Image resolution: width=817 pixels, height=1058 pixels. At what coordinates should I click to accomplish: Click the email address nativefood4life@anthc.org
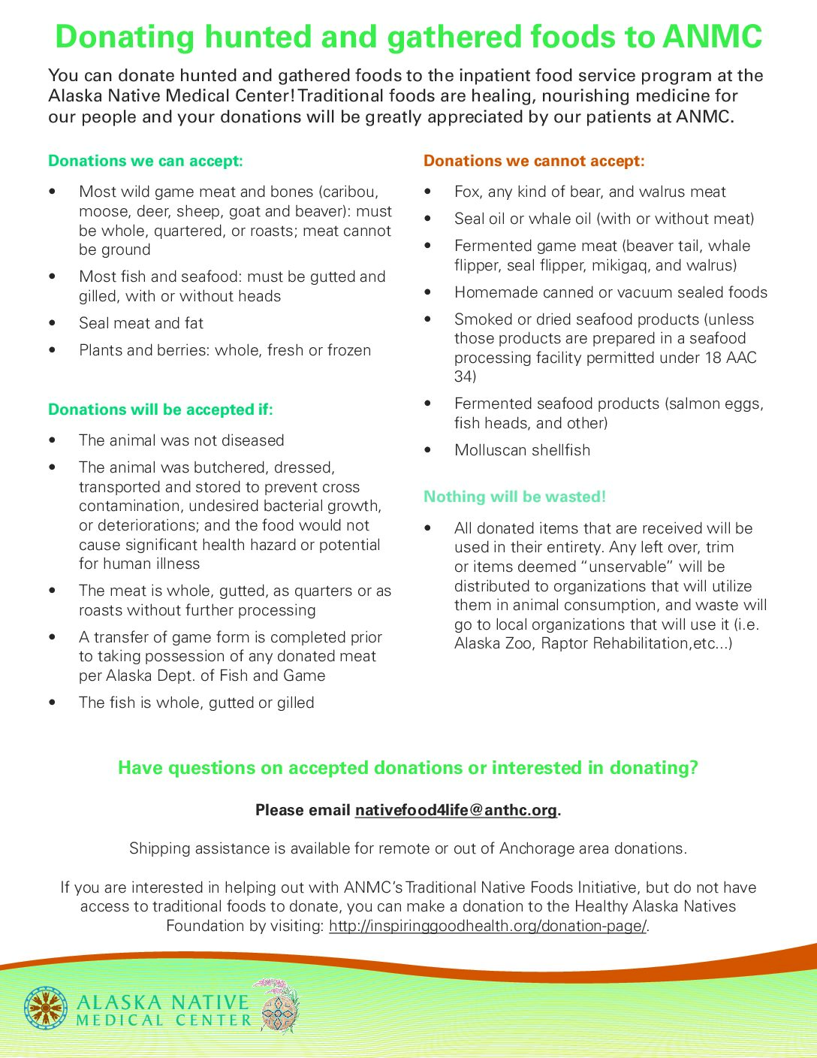coord(456,810)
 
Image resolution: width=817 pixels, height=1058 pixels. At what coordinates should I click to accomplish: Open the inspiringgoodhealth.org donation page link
coord(488,926)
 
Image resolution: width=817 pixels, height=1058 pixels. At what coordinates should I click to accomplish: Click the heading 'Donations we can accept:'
coord(146,161)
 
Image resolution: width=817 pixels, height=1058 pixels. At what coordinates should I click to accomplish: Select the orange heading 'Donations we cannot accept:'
coord(534,161)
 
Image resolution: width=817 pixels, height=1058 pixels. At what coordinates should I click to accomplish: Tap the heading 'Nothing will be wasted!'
coord(514,497)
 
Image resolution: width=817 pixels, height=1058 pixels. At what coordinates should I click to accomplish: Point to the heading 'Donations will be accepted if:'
coord(161,410)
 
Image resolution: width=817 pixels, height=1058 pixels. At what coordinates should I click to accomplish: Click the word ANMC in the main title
coord(712,37)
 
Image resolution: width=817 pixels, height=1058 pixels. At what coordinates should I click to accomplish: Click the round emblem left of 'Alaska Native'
coord(46,1008)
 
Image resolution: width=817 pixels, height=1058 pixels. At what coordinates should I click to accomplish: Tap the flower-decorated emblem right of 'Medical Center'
coord(280,1007)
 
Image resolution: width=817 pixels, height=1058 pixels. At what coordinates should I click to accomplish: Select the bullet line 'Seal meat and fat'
coord(141,323)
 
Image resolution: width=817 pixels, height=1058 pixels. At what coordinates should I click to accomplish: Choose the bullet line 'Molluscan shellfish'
coord(522,450)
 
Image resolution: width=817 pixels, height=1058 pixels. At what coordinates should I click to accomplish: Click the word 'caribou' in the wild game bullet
coord(350,192)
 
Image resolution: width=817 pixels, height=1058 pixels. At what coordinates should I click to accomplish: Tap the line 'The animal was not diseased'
coord(182,440)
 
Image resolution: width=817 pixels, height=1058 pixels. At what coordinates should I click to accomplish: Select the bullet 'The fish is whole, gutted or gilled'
coord(197,703)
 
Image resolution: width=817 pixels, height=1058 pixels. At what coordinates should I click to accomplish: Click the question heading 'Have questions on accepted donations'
coord(408,768)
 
